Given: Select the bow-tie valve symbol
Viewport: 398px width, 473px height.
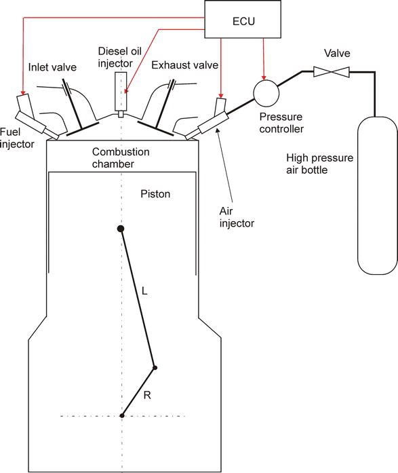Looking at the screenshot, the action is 332,72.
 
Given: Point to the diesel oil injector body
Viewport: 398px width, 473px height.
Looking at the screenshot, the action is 121,92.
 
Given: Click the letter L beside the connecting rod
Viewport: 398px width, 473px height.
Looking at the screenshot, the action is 144,291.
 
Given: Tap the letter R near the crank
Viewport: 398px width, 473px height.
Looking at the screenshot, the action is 147,395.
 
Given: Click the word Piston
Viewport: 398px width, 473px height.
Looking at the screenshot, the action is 155,193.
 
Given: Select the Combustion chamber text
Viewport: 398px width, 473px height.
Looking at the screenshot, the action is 121,157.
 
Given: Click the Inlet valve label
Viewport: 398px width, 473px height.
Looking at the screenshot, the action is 52,67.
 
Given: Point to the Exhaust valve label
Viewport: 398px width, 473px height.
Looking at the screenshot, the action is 184,65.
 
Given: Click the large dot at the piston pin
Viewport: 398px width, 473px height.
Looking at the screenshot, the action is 121,229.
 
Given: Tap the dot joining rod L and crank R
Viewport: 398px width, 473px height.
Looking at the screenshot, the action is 155,368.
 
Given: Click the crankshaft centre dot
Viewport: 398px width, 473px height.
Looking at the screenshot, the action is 122,416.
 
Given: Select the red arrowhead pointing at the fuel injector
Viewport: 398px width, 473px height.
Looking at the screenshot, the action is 23,92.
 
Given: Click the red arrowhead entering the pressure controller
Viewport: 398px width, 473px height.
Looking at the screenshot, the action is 264,78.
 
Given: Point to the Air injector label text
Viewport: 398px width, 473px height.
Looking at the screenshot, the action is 237,217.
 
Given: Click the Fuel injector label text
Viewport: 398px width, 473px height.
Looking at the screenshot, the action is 17,138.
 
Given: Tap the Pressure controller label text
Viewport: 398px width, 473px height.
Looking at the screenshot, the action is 281,123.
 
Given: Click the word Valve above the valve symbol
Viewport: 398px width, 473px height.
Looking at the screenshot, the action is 337,53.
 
